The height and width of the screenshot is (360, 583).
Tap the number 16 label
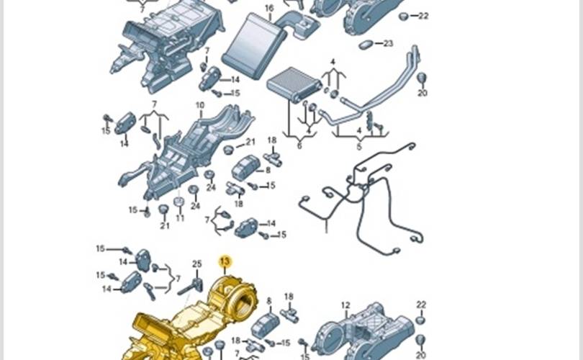click(269, 9)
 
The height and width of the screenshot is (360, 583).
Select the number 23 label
click(388, 44)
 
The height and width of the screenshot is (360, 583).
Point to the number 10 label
click(200, 106)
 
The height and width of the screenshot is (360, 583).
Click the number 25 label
click(197, 264)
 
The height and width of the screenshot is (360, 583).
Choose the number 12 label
click(345, 305)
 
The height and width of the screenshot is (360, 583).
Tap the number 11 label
click(181, 217)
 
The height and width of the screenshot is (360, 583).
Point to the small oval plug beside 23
click(365, 44)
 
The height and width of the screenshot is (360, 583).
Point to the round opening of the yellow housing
click(241, 303)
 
